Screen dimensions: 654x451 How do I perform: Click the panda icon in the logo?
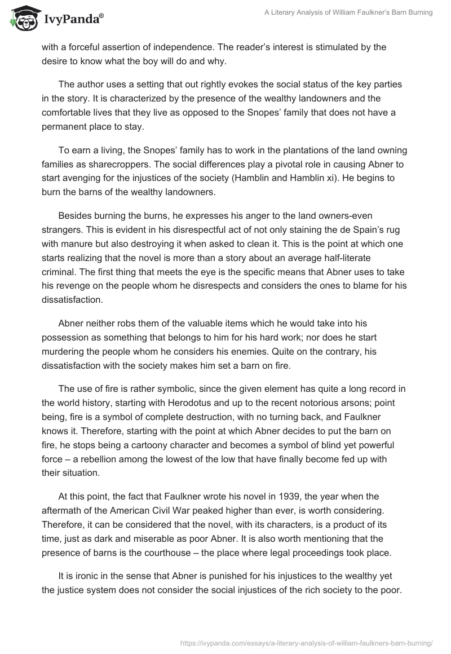click(21, 18)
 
